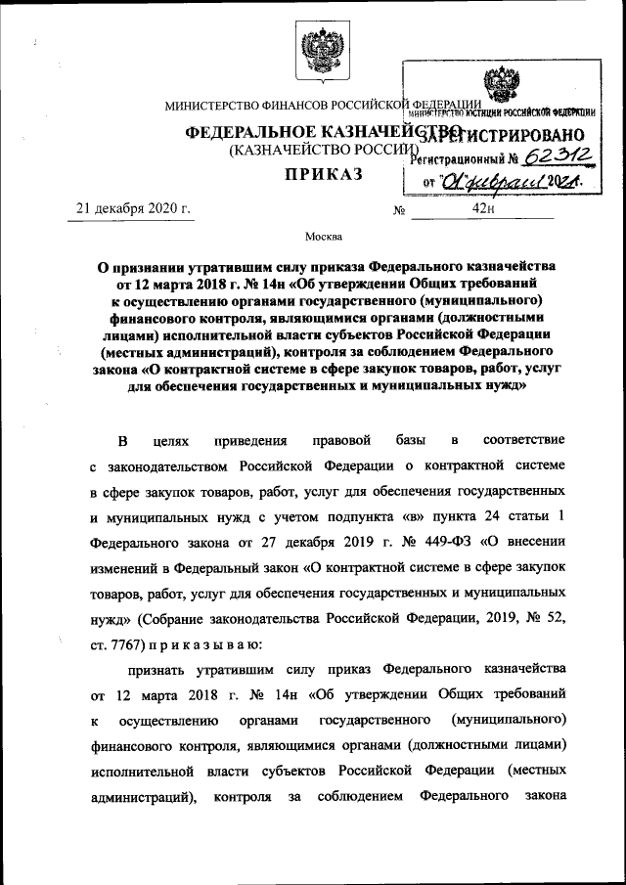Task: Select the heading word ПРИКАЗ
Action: (x=323, y=175)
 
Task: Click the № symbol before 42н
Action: (x=398, y=210)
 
